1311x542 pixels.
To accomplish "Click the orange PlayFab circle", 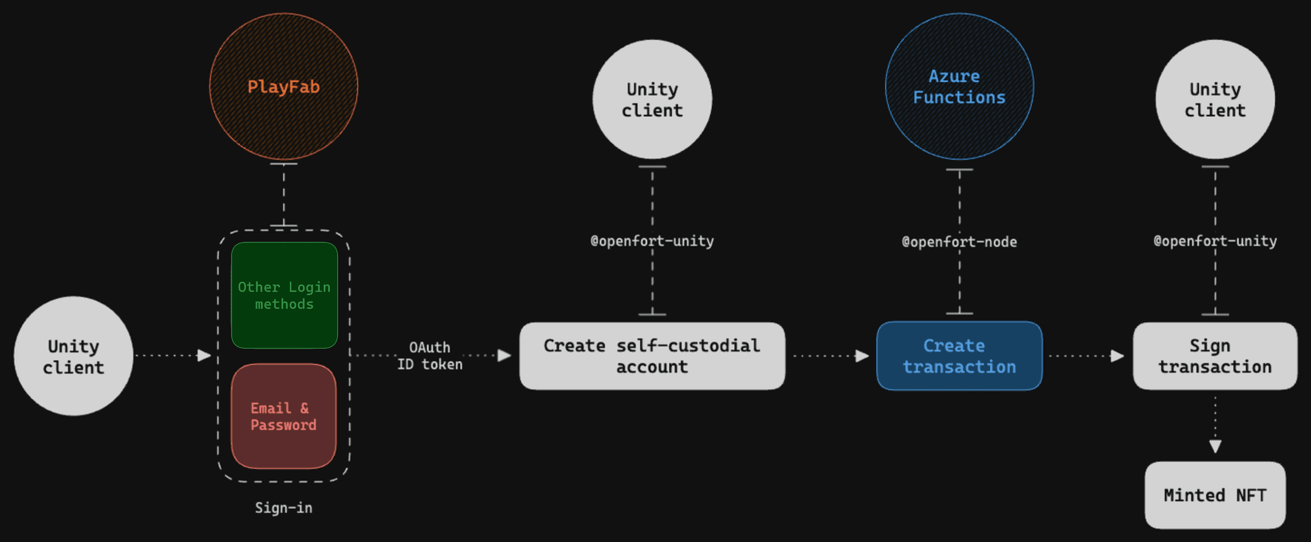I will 283,87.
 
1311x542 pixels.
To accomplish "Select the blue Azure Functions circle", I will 959,87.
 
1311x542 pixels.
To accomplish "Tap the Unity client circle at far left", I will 73,356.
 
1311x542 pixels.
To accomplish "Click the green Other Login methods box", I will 284,296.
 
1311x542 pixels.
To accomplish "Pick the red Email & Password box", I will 283,416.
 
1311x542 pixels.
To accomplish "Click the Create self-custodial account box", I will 651,356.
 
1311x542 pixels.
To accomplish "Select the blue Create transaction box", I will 959,356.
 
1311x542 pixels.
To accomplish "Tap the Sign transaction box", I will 1214,356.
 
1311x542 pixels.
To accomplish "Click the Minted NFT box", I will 1214,495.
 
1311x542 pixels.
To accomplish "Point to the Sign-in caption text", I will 283,508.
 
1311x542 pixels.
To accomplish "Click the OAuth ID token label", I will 429,356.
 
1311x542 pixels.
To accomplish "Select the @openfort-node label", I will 959,241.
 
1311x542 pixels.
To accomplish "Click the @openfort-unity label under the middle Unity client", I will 651,241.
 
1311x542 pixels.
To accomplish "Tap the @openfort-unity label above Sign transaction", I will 1214,241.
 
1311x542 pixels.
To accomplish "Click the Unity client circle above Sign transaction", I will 1214,99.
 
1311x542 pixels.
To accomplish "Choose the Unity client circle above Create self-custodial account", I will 651,99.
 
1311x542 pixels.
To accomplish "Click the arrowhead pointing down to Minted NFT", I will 1215,446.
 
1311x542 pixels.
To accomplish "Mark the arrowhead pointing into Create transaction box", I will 861,356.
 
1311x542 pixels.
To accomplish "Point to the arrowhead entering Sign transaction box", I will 1117,356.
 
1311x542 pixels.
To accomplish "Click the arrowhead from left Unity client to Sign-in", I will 204,356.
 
